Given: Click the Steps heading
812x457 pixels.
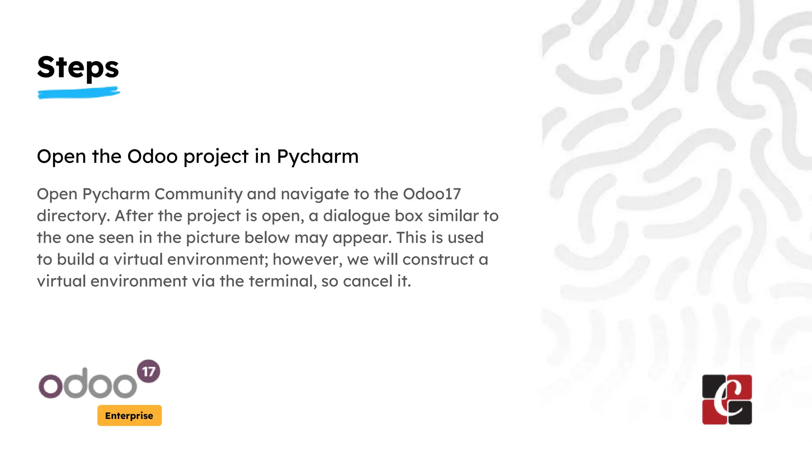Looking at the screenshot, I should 78,67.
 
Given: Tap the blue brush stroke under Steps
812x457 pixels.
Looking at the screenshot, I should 79,94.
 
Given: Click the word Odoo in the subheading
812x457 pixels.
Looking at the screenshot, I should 152,156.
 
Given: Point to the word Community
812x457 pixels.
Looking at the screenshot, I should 198,194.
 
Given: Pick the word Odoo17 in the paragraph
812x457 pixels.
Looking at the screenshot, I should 432,194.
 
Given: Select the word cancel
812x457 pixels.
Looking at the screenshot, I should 368,281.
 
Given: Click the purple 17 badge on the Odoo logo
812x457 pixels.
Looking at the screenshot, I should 148,371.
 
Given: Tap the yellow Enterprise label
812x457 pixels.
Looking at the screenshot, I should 129,415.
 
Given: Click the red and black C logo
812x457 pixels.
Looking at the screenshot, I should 727,399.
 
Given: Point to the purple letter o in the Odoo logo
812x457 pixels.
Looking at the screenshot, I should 50,386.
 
